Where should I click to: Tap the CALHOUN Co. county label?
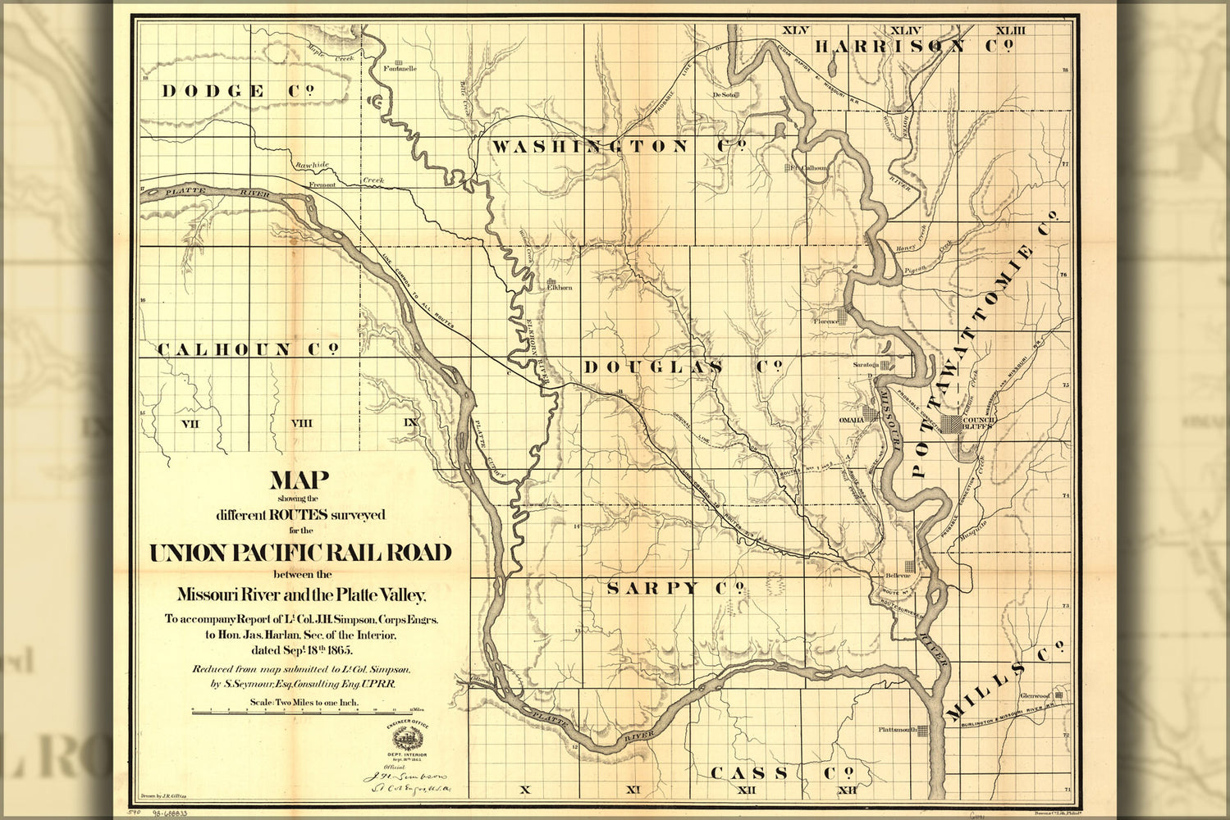[x=248, y=350]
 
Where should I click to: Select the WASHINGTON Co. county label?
[x=618, y=147]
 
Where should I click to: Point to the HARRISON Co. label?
[x=911, y=47]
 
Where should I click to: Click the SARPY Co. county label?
[x=675, y=588]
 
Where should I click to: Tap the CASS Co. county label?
[x=781, y=773]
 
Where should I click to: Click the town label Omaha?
[x=851, y=419]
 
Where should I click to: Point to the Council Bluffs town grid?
[x=952, y=424]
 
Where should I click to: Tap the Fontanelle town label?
[x=400, y=69]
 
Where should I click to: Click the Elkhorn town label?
[x=560, y=289]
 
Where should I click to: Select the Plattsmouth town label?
[x=896, y=729]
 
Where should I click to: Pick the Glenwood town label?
[x=1035, y=695]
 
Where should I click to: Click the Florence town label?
[x=825, y=321]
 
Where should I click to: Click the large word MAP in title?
[x=299, y=481]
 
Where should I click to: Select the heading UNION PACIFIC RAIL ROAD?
[x=300, y=553]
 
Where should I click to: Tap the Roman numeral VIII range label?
[x=301, y=423]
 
